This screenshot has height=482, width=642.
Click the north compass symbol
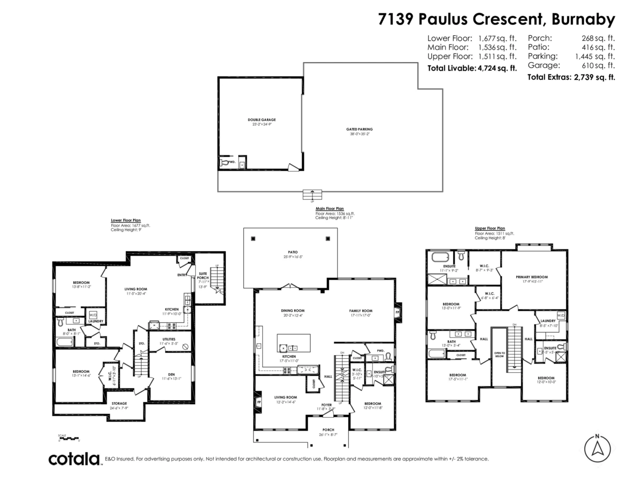coord(598,448)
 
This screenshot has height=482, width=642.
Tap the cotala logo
coord(74,459)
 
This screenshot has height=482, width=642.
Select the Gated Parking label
coord(359,129)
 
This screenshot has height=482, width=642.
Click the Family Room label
coord(361,311)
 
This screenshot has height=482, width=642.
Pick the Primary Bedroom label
coord(532,277)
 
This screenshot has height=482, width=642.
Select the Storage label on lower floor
coord(119,403)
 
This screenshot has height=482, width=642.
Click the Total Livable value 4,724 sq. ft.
coord(497,68)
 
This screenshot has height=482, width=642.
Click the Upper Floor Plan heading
coord(490,228)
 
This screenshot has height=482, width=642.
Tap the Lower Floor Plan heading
coord(126,220)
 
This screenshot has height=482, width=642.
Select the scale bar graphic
coord(68,438)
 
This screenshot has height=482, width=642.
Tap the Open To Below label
coord(500,354)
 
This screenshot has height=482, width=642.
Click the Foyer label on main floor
coord(326,405)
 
